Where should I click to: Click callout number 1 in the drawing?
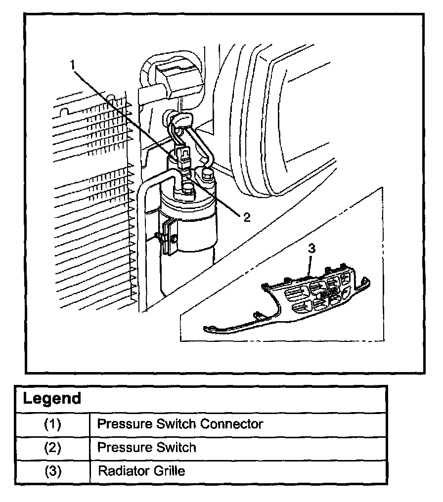coord(73,65)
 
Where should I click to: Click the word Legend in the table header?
coord(52,398)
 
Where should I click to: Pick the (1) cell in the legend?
coord(52,424)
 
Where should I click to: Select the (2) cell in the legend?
coord(52,448)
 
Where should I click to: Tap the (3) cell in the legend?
coord(52,471)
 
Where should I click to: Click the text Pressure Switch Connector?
coord(180,424)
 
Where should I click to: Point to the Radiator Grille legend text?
coord(141,471)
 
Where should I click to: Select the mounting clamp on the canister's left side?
coord(168,237)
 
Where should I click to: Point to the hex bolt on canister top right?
coord(207,173)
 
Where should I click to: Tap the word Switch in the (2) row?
coord(175,448)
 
